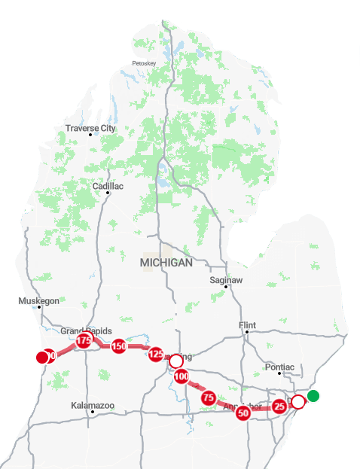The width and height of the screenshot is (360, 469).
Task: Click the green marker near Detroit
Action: pyautogui.click(x=313, y=396)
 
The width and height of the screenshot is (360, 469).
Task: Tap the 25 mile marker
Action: pyautogui.click(x=279, y=406)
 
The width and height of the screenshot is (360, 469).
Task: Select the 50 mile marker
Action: pyautogui.click(x=243, y=413)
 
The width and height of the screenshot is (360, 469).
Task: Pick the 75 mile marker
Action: pyautogui.click(x=209, y=397)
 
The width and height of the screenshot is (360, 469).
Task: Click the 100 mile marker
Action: pyautogui.click(x=181, y=376)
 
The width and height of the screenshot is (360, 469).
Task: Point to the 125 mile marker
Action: pyautogui.click(x=156, y=354)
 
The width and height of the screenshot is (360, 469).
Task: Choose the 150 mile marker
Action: pyautogui.click(x=118, y=347)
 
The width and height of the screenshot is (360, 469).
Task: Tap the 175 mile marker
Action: pyautogui.click(x=84, y=341)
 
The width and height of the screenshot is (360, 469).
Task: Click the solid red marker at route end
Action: pyautogui.click(x=42, y=357)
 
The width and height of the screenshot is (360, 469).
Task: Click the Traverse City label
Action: pyautogui.click(x=90, y=129)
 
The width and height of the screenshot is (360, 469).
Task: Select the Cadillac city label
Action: pyautogui.click(x=108, y=186)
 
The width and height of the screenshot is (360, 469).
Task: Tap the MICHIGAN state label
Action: pyautogui.click(x=166, y=263)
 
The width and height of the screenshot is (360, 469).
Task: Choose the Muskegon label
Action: pyautogui.click(x=38, y=301)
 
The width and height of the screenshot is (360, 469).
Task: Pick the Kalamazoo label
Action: pyautogui.click(x=93, y=406)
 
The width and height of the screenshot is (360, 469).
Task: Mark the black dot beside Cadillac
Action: pyautogui.click(x=108, y=193)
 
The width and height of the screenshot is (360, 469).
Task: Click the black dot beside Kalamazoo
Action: pyautogui.click(x=93, y=413)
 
